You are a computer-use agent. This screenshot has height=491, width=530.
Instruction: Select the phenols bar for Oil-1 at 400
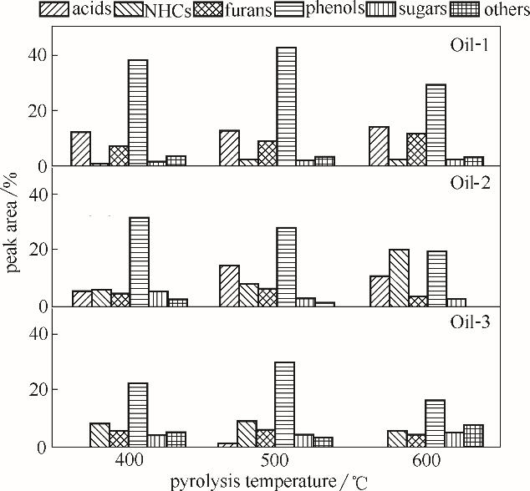click(138, 113)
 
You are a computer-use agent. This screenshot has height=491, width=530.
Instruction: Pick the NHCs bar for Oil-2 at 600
click(399, 277)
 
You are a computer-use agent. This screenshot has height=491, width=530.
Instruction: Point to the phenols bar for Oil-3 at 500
click(285, 404)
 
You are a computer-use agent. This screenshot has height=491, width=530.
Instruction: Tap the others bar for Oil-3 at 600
click(473, 435)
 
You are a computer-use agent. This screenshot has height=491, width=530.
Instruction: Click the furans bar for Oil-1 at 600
click(416, 149)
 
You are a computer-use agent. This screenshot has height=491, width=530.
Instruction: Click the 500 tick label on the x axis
click(276, 460)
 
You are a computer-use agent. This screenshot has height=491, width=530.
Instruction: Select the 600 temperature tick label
click(425, 460)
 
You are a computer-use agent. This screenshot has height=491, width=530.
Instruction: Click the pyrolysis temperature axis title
click(267, 481)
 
